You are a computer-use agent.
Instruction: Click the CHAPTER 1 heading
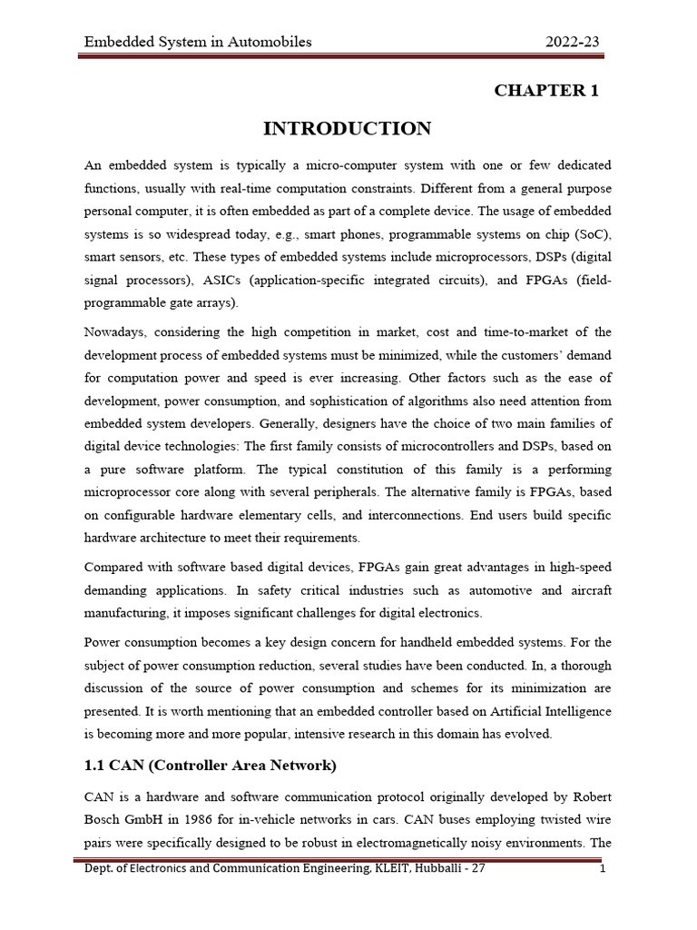click(545, 90)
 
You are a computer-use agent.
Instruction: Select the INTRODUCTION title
click(348, 129)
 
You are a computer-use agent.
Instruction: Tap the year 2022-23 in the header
click(572, 42)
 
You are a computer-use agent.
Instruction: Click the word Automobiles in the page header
click(265, 42)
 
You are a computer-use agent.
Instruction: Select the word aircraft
click(586, 590)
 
